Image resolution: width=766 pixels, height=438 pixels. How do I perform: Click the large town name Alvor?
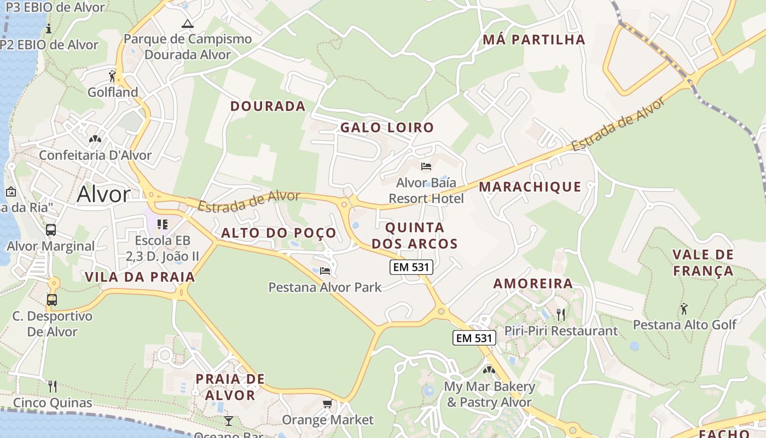(x=103, y=194)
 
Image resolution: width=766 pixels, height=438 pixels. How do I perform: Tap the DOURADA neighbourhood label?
(x=268, y=106)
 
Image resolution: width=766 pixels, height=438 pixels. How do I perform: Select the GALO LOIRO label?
(x=387, y=128)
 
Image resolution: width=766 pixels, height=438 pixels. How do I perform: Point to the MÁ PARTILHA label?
(x=534, y=39)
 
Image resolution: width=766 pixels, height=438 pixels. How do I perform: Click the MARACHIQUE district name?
(x=530, y=187)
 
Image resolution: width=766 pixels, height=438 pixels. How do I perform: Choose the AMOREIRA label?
(x=533, y=284)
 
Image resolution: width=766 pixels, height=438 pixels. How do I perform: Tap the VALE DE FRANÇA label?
(x=703, y=262)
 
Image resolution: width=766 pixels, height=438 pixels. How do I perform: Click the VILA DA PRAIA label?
(x=140, y=277)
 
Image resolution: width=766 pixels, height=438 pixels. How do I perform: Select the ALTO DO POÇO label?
(x=278, y=233)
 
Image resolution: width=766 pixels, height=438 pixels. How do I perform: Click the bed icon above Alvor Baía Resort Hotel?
(x=426, y=166)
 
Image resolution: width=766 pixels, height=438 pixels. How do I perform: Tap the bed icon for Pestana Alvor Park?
(x=325, y=271)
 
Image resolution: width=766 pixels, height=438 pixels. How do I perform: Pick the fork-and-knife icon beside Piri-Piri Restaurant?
(x=560, y=314)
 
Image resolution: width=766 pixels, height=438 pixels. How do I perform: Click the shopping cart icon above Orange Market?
(x=327, y=404)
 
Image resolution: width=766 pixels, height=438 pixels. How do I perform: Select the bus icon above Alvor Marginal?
(x=51, y=230)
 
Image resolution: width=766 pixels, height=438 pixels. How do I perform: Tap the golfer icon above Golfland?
(x=113, y=76)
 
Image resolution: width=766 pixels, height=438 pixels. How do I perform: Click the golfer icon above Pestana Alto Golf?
(x=684, y=309)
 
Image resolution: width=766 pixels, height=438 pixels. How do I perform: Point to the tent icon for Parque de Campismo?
(x=188, y=24)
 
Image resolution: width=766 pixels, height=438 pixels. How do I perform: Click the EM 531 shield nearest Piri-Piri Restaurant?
(x=474, y=338)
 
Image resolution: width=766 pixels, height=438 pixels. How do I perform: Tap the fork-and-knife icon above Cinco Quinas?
(x=53, y=387)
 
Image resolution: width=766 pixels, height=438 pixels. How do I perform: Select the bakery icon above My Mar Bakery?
(x=489, y=370)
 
